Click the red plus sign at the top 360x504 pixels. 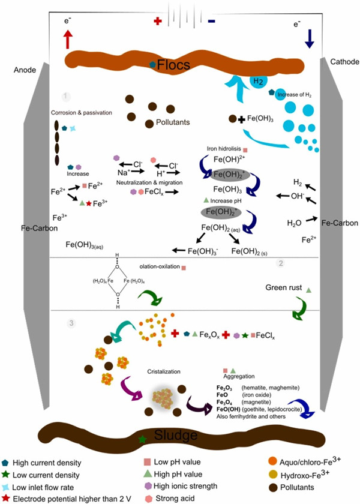(158, 20)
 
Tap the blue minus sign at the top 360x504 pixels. (211, 20)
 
